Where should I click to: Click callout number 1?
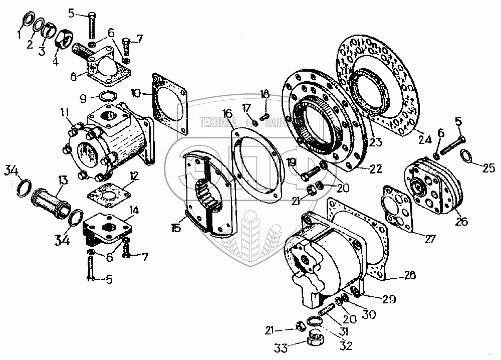coord(20,36)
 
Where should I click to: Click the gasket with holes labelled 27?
coord(398,209)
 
